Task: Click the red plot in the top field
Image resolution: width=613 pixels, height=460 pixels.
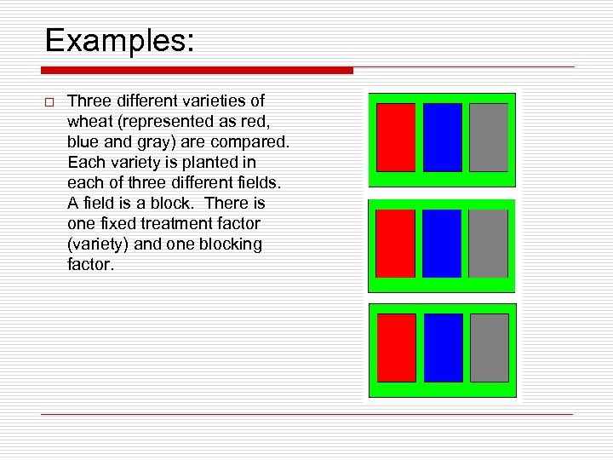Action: point(396,137)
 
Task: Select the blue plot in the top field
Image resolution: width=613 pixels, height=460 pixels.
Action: point(443,137)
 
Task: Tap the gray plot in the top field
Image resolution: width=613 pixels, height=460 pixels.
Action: point(489,137)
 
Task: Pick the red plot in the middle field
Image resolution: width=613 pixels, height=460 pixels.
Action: point(396,244)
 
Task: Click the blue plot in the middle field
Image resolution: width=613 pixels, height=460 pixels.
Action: point(443,244)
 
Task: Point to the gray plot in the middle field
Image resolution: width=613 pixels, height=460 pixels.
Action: point(489,244)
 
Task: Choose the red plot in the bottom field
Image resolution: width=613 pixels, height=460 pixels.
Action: point(396,348)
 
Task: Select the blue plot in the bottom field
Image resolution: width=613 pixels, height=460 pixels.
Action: point(443,348)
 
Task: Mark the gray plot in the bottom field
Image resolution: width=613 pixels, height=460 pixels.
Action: point(489,348)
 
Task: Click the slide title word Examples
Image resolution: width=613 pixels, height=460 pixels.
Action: point(119,40)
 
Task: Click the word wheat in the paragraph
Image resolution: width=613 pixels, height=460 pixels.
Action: point(88,121)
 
